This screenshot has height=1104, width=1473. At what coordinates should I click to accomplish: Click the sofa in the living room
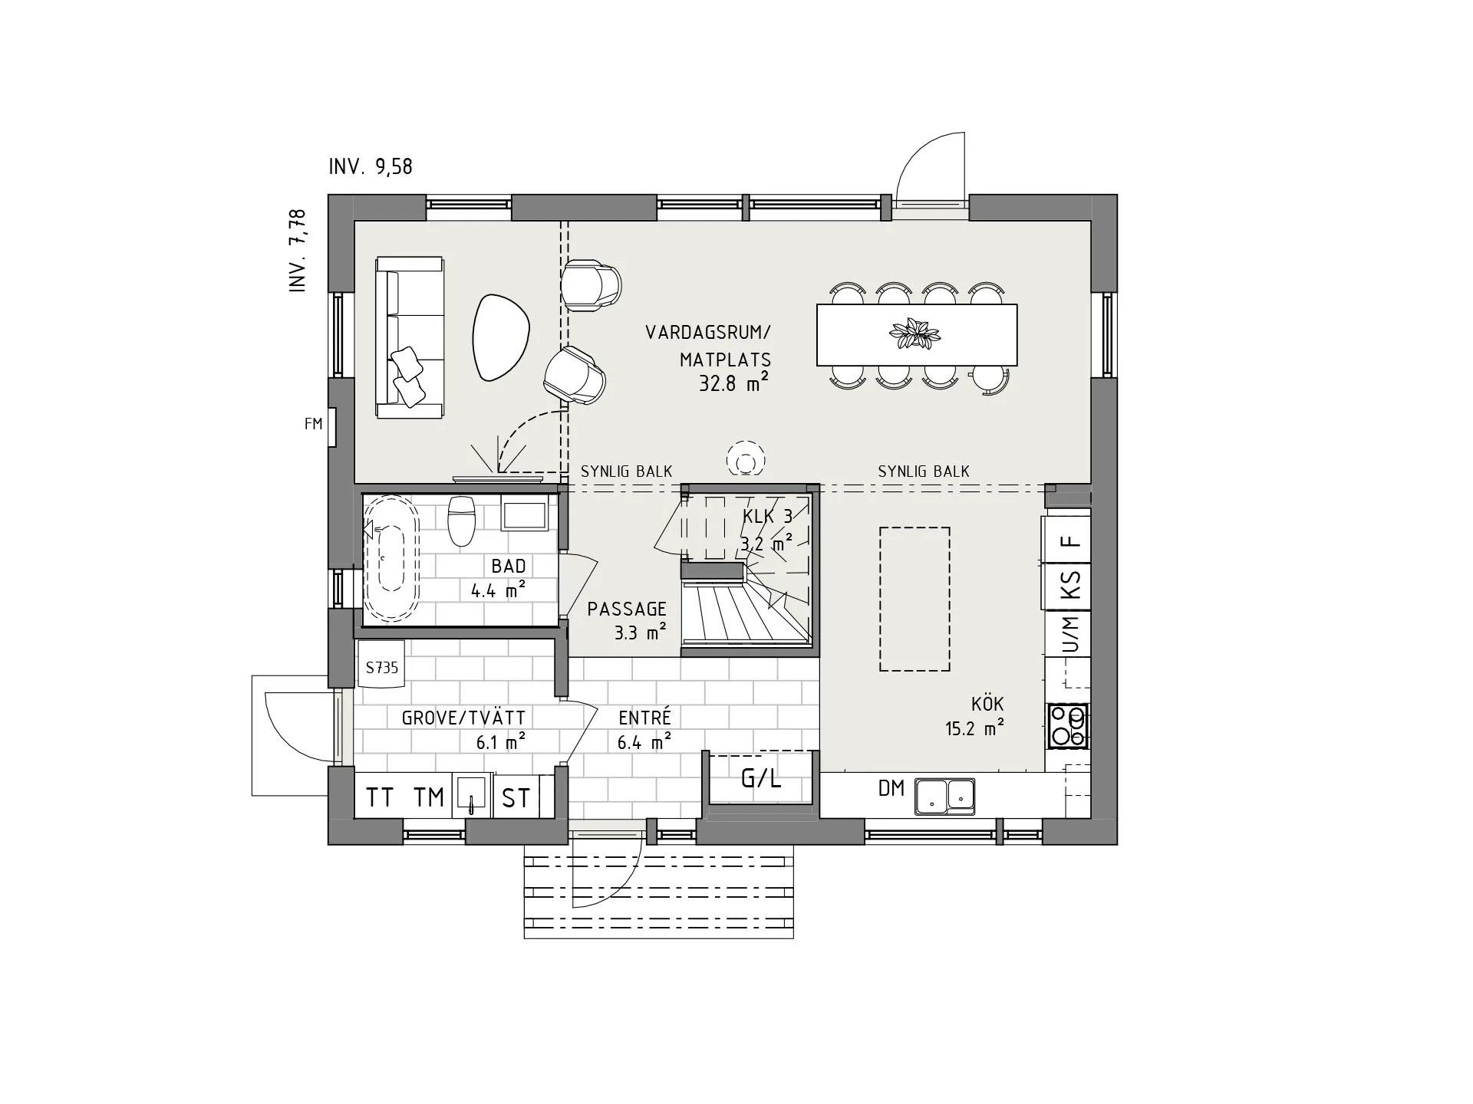pyautogui.click(x=409, y=337)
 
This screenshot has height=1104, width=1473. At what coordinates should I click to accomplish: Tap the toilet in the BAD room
pyautogui.click(x=461, y=520)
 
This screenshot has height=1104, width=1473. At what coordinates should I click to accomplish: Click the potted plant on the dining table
pyautogui.click(x=914, y=334)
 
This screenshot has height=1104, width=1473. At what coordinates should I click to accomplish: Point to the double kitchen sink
pyautogui.click(x=944, y=796)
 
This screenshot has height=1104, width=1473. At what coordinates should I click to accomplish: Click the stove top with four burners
pyautogui.click(x=1069, y=726)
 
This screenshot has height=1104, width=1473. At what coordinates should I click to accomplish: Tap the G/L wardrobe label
pyautogui.click(x=760, y=779)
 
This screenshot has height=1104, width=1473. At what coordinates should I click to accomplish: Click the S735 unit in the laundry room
pyautogui.click(x=381, y=667)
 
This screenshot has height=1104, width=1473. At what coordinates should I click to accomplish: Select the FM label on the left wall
pyautogui.click(x=313, y=423)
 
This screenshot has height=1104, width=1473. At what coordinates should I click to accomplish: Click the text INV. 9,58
pyautogui.click(x=371, y=166)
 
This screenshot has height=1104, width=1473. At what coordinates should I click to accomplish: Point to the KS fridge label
pyautogui.click(x=1069, y=586)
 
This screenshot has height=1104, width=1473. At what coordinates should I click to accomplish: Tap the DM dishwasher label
pyautogui.click(x=891, y=788)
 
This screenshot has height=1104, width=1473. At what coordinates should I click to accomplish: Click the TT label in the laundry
pyautogui.click(x=380, y=797)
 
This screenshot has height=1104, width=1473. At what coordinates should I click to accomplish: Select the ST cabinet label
pyautogui.click(x=516, y=798)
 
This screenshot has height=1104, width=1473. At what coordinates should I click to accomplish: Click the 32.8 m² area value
pyautogui.click(x=733, y=383)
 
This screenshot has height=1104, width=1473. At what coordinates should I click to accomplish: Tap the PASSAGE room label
pyautogui.click(x=627, y=609)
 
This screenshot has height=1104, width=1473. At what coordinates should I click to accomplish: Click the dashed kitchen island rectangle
pyautogui.click(x=914, y=599)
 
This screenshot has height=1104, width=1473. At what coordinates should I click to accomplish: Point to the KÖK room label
pyautogui.click(x=987, y=704)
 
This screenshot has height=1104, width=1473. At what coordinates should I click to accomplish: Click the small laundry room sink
pyautogui.click(x=472, y=793)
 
